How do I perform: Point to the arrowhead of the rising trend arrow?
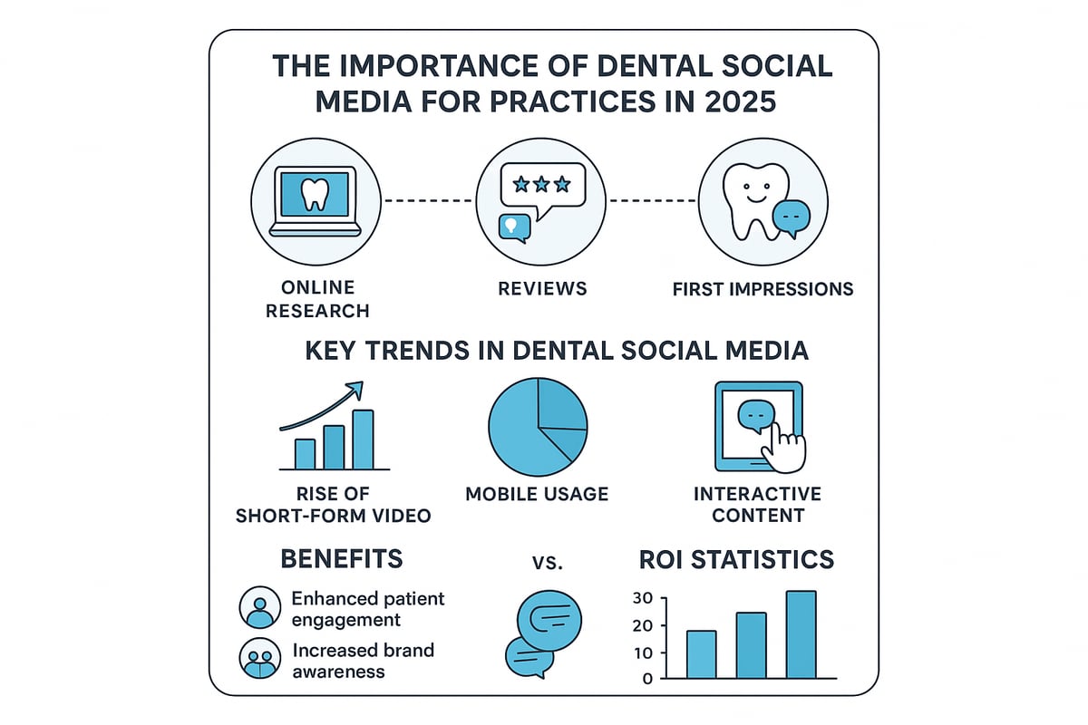coord(355,389)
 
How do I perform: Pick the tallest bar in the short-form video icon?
coord(363,439)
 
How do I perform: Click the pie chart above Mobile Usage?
coord(538,426)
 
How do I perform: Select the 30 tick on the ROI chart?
coord(643,598)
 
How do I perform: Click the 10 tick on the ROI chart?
coord(643,653)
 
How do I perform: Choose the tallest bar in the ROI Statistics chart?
coord(801,634)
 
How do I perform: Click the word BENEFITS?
coord(342,558)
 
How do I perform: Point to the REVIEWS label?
coord(543,288)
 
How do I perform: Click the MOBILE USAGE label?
coord(537,494)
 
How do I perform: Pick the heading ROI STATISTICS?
coord(736,559)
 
